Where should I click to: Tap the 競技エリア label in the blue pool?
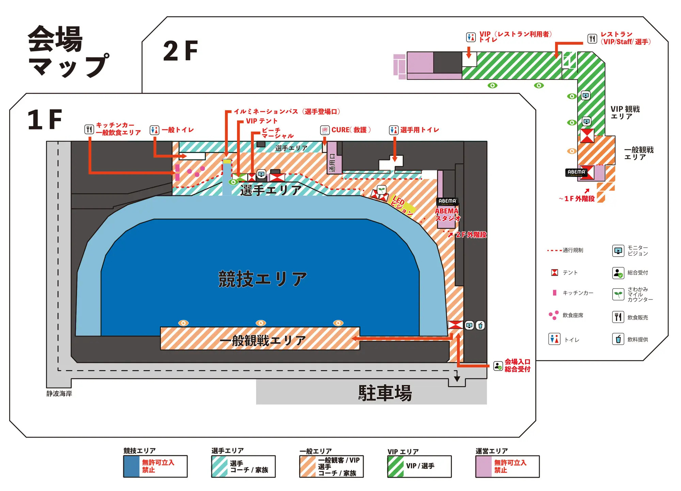pos(263,279)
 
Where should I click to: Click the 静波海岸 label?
pos(59,394)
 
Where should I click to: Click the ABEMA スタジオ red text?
pos(447,215)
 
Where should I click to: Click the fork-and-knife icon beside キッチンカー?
pos(89,129)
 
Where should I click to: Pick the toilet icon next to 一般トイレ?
pos(154,130)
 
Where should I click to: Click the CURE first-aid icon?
pos(325,130)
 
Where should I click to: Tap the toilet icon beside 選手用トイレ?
pos(394,130)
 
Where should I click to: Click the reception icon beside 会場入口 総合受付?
pos(498,366)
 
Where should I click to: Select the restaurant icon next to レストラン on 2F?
pos(592,39)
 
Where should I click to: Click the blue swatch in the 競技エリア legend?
pos(131,466)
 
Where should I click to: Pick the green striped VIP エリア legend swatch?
pos(396,466)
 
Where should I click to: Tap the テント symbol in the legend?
pos(554,273)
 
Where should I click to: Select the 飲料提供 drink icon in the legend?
pos(618,339)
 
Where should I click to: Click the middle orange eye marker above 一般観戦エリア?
pos(261,323)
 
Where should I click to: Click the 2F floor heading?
pos(180,51)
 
